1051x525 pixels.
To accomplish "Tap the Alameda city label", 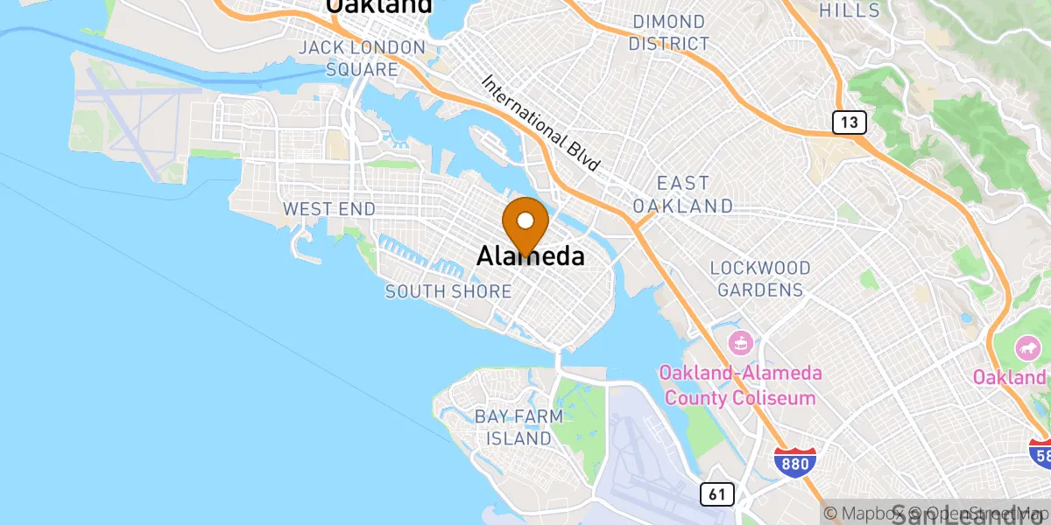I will (x=531, y=255).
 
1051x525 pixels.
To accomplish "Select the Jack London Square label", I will (x=362, y=58).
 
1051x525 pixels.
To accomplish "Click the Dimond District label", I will (x=669, y=32).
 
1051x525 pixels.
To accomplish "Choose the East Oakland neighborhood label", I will (x=695, y=194).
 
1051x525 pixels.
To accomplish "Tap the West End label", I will (x=328, y=209).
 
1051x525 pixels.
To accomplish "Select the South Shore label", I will (x=448, y=291).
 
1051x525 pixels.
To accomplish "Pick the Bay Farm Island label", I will (x=513, y=427).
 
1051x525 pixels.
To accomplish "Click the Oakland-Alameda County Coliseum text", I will (x=741, y=386).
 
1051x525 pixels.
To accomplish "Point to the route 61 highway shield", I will (x=716, y=495).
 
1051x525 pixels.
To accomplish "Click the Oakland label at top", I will (x=379, y=7).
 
